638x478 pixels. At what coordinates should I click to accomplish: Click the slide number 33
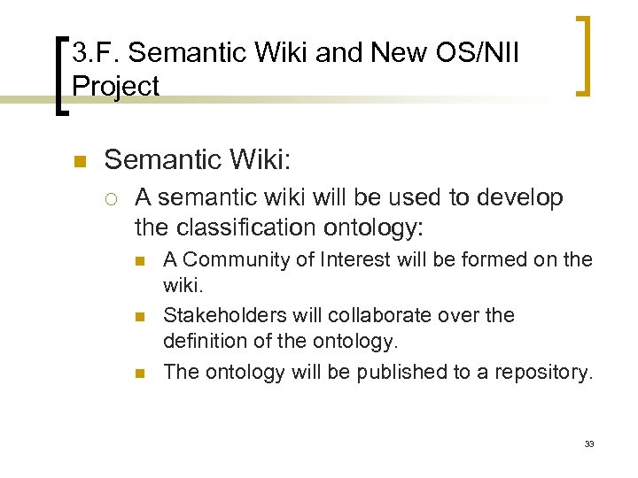pyautogui.click(x=588, y=443)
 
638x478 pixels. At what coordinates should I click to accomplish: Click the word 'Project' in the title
pyautogui.click(x=115, y=87)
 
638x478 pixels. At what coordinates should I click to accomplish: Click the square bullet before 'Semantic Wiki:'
pyautogui.click(x=78, y=162)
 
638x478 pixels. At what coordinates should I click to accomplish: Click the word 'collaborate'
pyautogui.click(x=365, y=315)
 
